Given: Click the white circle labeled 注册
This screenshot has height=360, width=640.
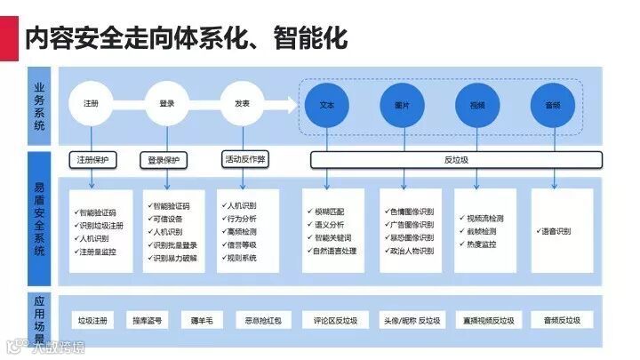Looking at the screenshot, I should [92, 105].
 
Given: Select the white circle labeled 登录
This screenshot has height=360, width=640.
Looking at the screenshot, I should [167, 105].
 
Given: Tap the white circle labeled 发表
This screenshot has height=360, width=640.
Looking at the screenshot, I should [242, 105].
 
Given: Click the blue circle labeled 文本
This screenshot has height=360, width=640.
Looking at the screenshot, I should [326, 105].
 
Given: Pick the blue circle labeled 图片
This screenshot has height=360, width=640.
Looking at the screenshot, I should [402, 105].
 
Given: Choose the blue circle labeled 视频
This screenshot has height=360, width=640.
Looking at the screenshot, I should [477, 105].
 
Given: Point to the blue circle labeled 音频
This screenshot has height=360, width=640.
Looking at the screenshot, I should [552, 105].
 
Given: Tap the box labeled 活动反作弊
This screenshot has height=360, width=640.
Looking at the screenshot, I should [245, 159].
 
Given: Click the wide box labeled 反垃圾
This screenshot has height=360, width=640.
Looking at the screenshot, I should [455, 160].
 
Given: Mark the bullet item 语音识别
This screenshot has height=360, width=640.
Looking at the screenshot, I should [556, 231].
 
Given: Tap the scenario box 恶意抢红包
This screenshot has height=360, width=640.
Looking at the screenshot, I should [258, 320].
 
